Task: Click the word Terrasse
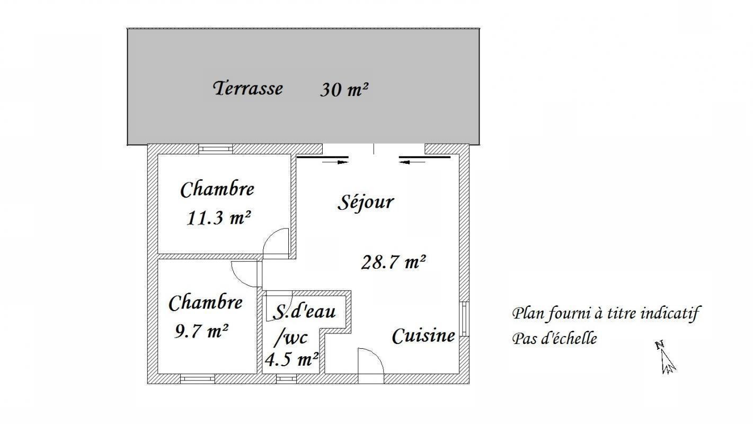[x=248, y=88]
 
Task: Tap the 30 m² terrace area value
[x=344, y=90]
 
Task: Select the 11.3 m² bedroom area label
[x=219, y=217]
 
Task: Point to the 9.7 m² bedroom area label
[x=202, y=331]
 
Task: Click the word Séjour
[x=366, y=202]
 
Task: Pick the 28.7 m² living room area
[x=394, y=262]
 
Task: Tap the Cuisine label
[x=423, y=335]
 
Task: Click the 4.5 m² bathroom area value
[x=292, y=359]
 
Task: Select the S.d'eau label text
[x=304, y=311]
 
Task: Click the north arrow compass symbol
[x=666, y=358]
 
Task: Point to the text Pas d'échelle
[x=555, y=338]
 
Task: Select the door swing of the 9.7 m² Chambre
[x=244, y=275]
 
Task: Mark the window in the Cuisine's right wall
[x=464, y=319]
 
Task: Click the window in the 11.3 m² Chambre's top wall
[x=216, y=149]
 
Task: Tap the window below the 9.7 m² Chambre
[x=197, y=378]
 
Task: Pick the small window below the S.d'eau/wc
[x=286, y=378]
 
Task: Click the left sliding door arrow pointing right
[x=335, y=162]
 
